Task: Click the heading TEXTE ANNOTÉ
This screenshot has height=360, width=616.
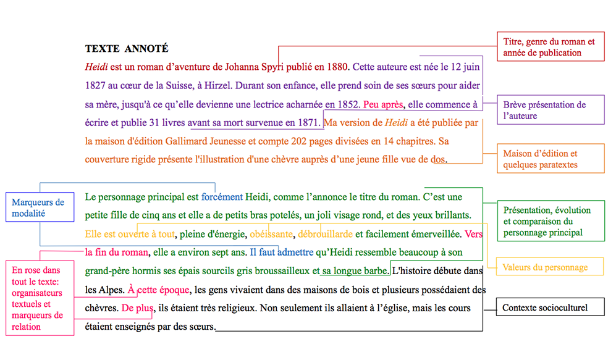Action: pyautogui.click(x=127, y=49)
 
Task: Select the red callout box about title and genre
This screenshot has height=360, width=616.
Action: pyautogui.click(x=551, y=47)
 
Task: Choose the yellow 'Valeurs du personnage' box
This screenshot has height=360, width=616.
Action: pyautogui.click(x=544, y=267)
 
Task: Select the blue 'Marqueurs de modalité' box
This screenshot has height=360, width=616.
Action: pyautogui.click(x=38, y=208)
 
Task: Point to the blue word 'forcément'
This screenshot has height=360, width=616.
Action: pyautogui.click(x=222, y=198)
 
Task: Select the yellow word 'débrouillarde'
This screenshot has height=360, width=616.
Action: pyautogui.click(x=325, y=234)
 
